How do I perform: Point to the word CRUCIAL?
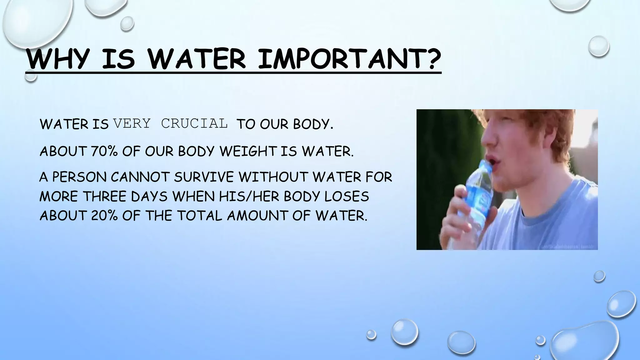click(194, 124)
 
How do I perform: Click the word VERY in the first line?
click(132, 124)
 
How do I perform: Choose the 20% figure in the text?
click(104, 216)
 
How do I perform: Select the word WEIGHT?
click(248, 152)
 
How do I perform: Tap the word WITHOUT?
click(273, 177)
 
